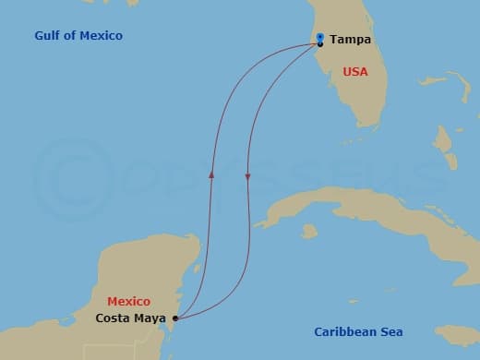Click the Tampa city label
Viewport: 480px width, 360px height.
click(x=349, y=40)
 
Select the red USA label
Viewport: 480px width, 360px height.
click(x=356, y=71)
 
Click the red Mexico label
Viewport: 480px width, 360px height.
click(x=128, y=302)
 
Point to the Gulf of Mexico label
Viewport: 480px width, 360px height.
click(x=78, y=36)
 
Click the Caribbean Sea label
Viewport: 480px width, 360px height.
click(x=358, y=332)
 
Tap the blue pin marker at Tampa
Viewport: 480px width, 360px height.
click(x=319, y=38)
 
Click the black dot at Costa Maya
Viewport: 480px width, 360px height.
click(x=175, y=319)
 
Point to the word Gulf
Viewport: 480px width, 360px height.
click(x=49, y=36)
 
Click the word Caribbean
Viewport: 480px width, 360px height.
click(x=344, y=332)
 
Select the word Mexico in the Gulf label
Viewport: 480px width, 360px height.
click(x=102, y=36)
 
